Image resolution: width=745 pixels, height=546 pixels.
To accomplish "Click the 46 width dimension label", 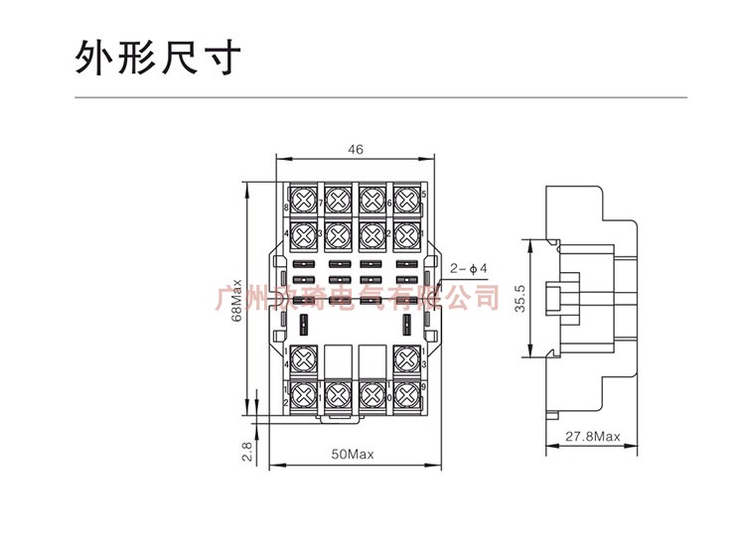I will point(356,150).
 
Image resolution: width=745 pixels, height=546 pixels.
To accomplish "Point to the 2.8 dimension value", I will point(247,452).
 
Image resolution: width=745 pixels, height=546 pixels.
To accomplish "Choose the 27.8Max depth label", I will point(593,437).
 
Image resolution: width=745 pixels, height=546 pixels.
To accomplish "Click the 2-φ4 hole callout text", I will point(468,268).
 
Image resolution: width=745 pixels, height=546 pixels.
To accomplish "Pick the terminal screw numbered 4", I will point(303,236).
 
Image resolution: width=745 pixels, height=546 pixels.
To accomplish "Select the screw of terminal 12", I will point(303,394).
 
